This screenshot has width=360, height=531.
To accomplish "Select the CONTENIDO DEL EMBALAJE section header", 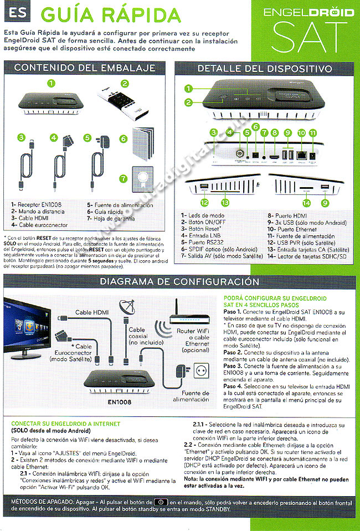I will coord(85,68).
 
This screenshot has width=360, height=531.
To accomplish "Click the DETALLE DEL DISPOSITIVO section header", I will coord(265,69).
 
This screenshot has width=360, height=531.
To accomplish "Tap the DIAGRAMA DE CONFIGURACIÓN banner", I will coord(179,282).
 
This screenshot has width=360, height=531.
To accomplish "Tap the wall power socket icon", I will coord(199,369).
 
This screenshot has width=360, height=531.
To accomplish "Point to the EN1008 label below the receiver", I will coord(119,402).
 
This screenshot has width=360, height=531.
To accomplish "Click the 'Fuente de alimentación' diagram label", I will coord(191,396).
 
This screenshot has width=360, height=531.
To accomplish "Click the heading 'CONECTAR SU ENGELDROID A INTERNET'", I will coord(66,424).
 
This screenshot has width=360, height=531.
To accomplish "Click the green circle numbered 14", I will coord(306,202).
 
